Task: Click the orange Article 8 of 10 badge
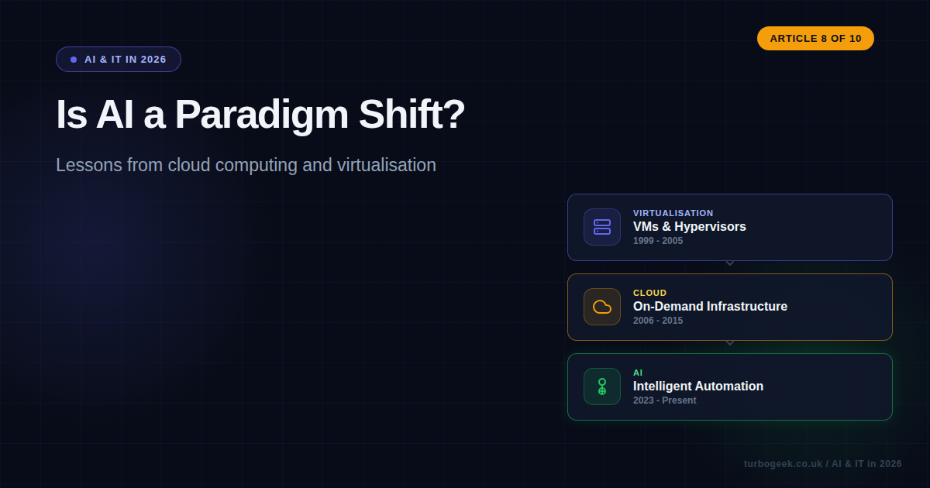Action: coord(815,38)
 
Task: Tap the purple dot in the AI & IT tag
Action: coord(74,60)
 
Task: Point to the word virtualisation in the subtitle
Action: coord(386,165)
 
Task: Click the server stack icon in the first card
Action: coord(602,227)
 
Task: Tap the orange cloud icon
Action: coord(602,307)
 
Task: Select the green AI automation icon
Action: coord(602,387)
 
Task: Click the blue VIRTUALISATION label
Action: coord(673,213)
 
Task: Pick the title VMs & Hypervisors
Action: coord(689,227)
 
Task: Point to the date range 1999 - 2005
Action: coord(658,241)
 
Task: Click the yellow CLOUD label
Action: coord(649,293)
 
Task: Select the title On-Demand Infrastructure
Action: coord(710,307)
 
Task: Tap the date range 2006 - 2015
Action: coord(658,321)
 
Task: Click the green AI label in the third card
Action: coord(638,373)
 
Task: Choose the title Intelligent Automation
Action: coord(697,387)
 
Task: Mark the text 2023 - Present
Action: coord(664,400)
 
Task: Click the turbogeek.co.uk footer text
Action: coord(783,464)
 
